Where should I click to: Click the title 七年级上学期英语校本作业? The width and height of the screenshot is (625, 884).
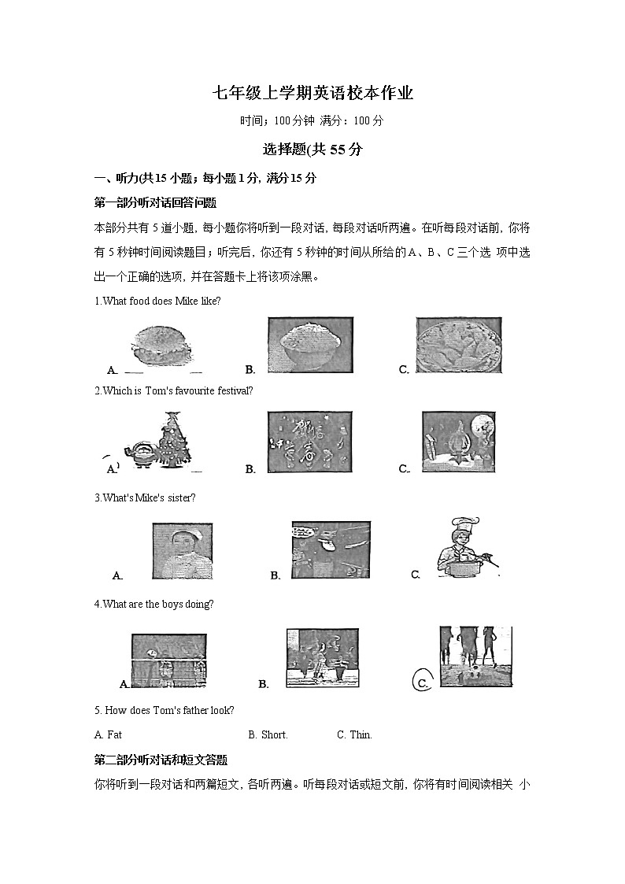pyautogui.click(x=312, y=94)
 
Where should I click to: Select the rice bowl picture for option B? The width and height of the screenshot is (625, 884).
pyautogui.click(x=310, y=344)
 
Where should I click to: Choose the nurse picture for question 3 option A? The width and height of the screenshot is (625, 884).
pyautogui.click(x=181, y=552)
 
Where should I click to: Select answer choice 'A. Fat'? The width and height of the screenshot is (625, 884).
pyautogui.click(x=108, y=734)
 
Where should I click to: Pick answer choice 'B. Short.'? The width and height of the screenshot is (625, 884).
pyautogui.click(x=268, y=734)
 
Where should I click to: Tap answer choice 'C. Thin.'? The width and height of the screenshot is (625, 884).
pyautogui.click(x=354, y=734)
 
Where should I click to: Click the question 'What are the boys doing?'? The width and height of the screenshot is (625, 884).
pyautogui.click(x=153, y=604)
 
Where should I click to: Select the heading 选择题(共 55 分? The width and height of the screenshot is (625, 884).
pyautogui.click(x=312, y=149)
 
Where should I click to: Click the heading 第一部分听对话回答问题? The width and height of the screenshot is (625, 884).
pyautogui.click(x=155, y=202)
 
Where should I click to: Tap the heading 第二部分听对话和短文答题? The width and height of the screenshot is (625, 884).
pyautogui.click(x=161, y=760)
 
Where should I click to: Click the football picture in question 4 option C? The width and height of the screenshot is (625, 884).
pyautogui.click(x=475, y=657)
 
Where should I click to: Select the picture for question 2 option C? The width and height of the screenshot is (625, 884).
pyautogui.click(x=458, y=442)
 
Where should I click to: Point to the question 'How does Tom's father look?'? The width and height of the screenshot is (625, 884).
pyautogui.click(x=164, y=710)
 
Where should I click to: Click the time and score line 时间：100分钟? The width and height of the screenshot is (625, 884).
pyautogui.click(x=312, y=121)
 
